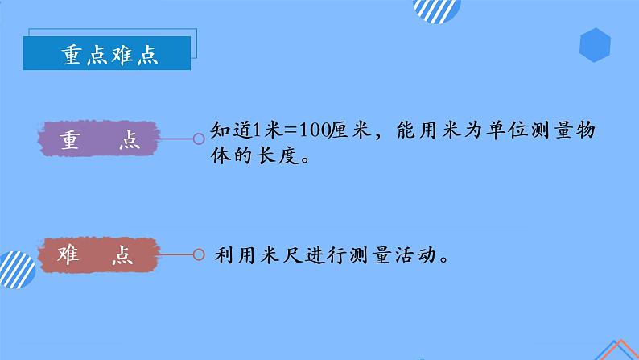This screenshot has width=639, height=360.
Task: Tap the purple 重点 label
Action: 101,140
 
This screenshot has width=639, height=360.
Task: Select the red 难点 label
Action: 100,255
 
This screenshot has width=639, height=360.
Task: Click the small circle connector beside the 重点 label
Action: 199,139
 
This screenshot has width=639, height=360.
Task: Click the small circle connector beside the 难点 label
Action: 199,255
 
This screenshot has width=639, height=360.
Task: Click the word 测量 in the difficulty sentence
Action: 369,256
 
